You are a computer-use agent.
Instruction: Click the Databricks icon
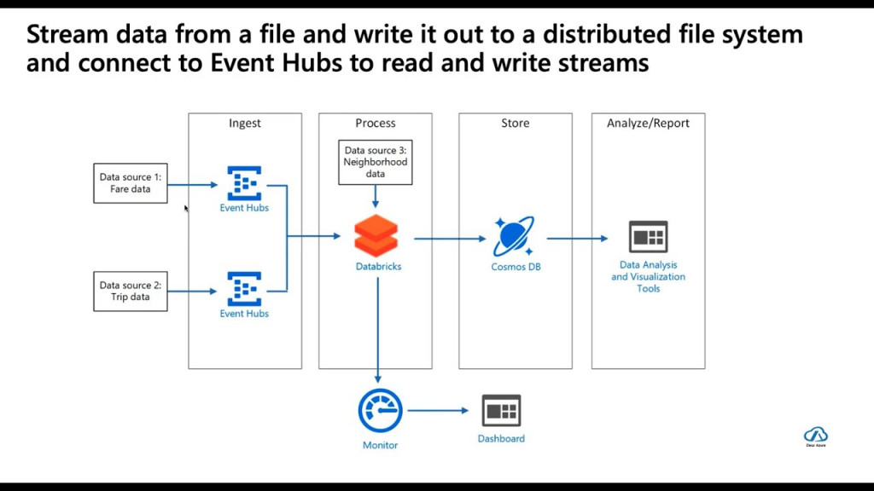tap(376, 235)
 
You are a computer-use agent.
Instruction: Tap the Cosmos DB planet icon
tap(515, 236)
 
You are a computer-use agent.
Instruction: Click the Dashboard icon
tap(501, 411)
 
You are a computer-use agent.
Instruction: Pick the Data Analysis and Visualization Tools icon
tap(648, 236)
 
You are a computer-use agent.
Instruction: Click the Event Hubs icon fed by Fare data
tap(244, 183)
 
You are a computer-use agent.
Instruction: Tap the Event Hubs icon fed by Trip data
tap(244, 289)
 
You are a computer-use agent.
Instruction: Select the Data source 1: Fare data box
tap(131, 183)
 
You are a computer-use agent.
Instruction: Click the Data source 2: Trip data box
tap(131, 291)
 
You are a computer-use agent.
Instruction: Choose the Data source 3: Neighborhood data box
tap(376, 162)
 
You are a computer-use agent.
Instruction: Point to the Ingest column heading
tap(245, 124)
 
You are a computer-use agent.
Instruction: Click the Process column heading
tap(376, 124)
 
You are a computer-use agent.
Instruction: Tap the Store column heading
tap(515, 124)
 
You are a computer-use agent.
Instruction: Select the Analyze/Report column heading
tap(648, 124)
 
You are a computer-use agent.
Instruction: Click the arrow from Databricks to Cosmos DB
tap(449, 239)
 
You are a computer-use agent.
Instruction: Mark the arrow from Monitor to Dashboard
tap(439, 411)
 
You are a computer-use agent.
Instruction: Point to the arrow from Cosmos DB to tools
tap(577, 239)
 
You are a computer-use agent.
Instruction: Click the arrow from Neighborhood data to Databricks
tap(376, 197)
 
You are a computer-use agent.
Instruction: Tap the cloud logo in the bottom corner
tap(815, 435)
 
